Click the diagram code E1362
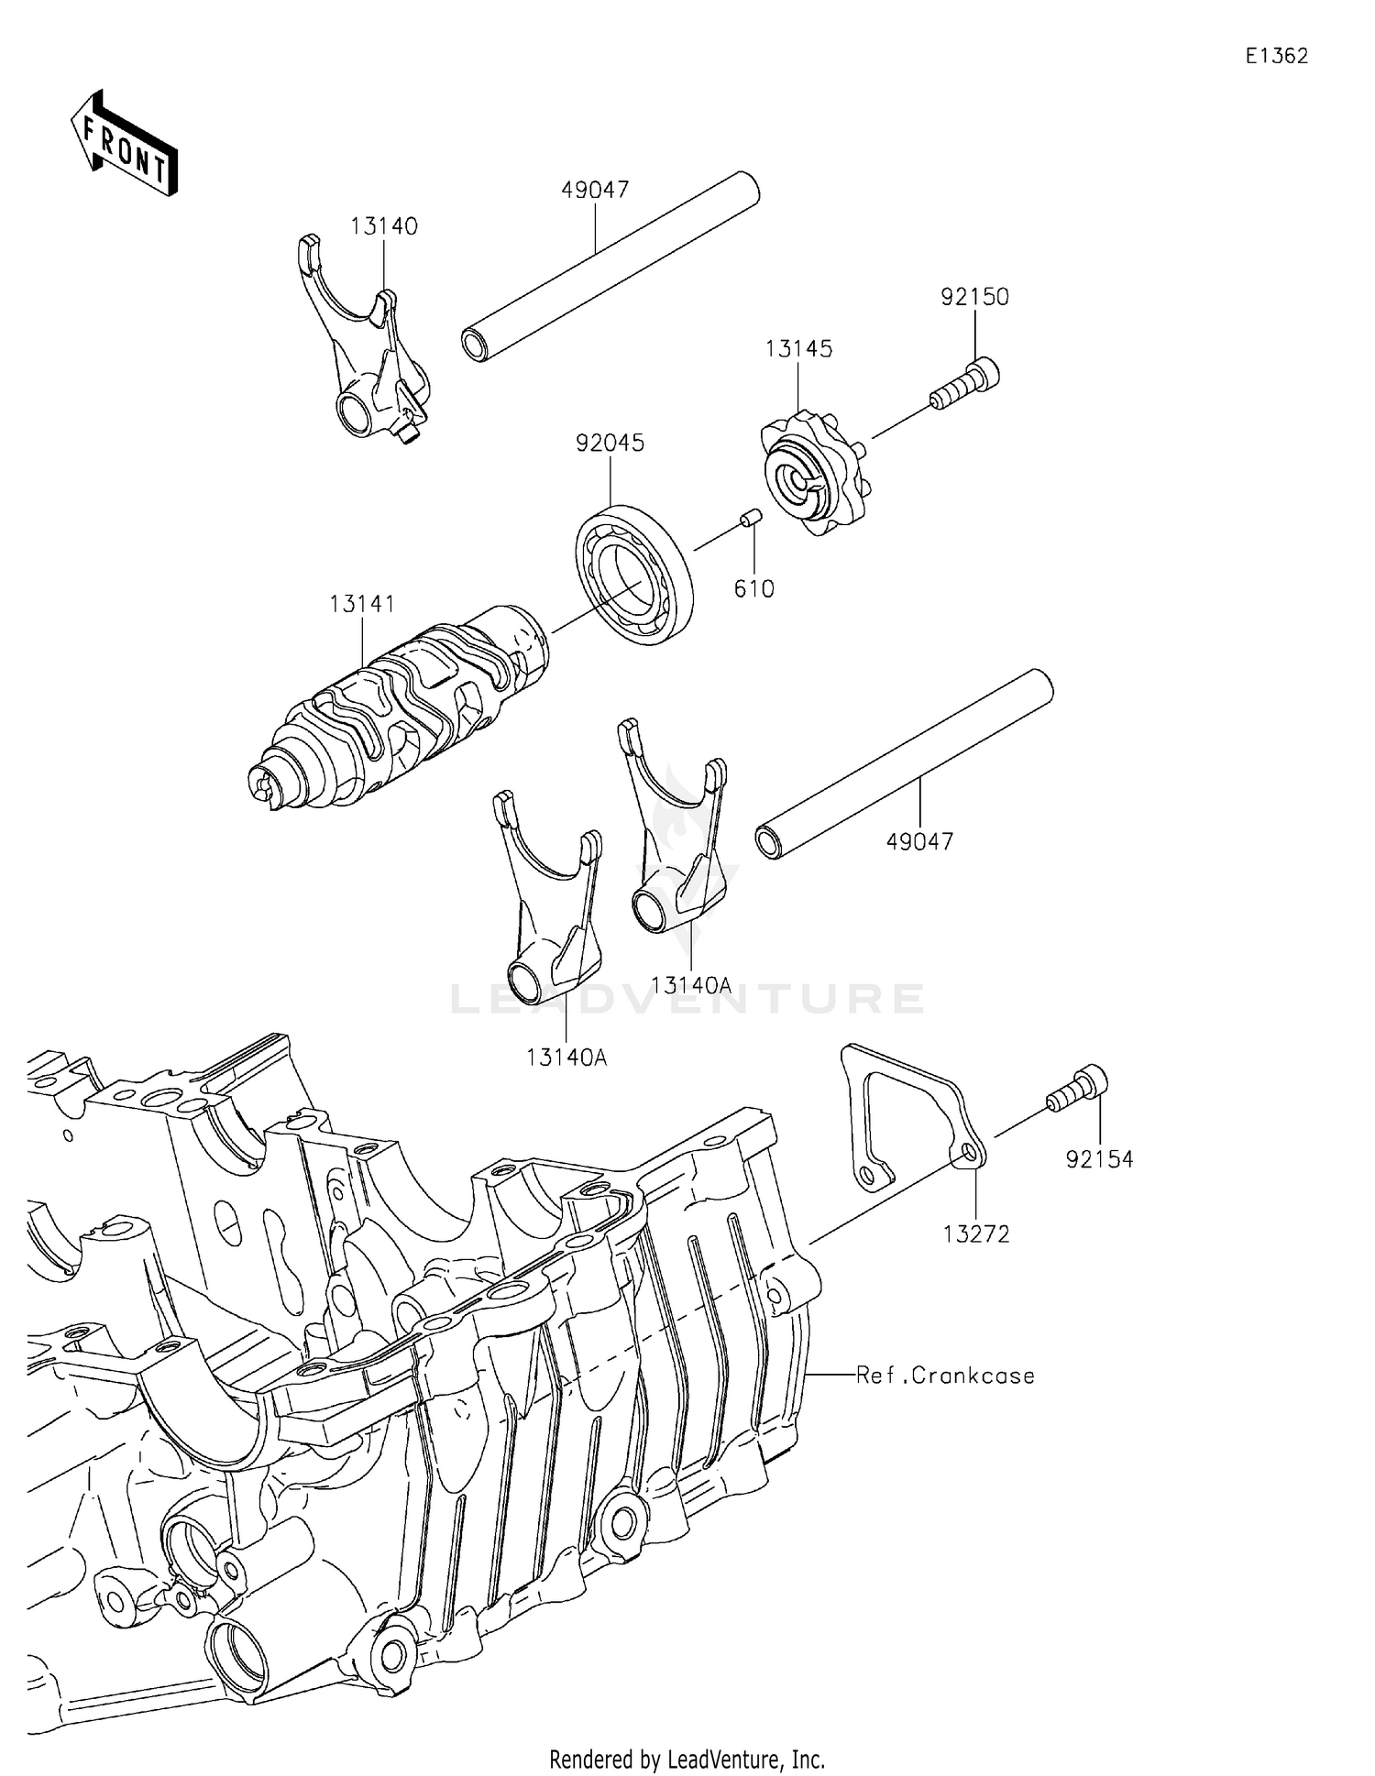tap(1276, 56)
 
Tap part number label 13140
tap(383, 226)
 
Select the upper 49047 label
tap(595, 190)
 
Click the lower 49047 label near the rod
tap(919, 841)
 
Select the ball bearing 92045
tap(634, 575)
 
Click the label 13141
tap(362, 604)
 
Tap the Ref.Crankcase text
tap(945, 1376)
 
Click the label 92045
tap(610, 443)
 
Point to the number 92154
tap(1099, 1160)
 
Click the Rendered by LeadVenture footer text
tap(687, 1760)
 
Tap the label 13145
tap(798, 348)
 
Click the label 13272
tap(976, 1234)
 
